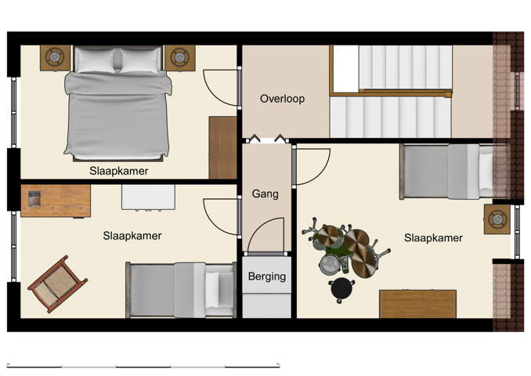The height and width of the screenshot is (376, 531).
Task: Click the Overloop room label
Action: click(x=282, y=99)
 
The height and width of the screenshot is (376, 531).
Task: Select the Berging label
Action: click(x=266, y=277)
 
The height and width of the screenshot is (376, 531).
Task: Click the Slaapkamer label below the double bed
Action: click(x=119, y=171)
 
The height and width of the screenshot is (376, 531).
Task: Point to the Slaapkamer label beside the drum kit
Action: click(x=433, y=237)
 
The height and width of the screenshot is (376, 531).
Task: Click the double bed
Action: click(x=117, y=102)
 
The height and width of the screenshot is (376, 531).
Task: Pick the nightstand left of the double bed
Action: click(x=56, y=57)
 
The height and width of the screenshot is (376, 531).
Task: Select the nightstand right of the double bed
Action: click(x=179, y=57)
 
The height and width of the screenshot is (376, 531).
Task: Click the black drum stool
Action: click(x=341, y=289)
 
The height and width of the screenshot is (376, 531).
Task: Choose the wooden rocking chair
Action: click(x=58, y=283)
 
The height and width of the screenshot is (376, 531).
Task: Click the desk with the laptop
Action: click(x=55, y=201)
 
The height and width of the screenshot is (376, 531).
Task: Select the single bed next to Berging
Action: click(x=180, y=289)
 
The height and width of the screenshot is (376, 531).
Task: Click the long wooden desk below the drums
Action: click(x=417, y=303)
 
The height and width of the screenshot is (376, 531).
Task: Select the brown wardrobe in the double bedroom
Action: click(x=222, y=147)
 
